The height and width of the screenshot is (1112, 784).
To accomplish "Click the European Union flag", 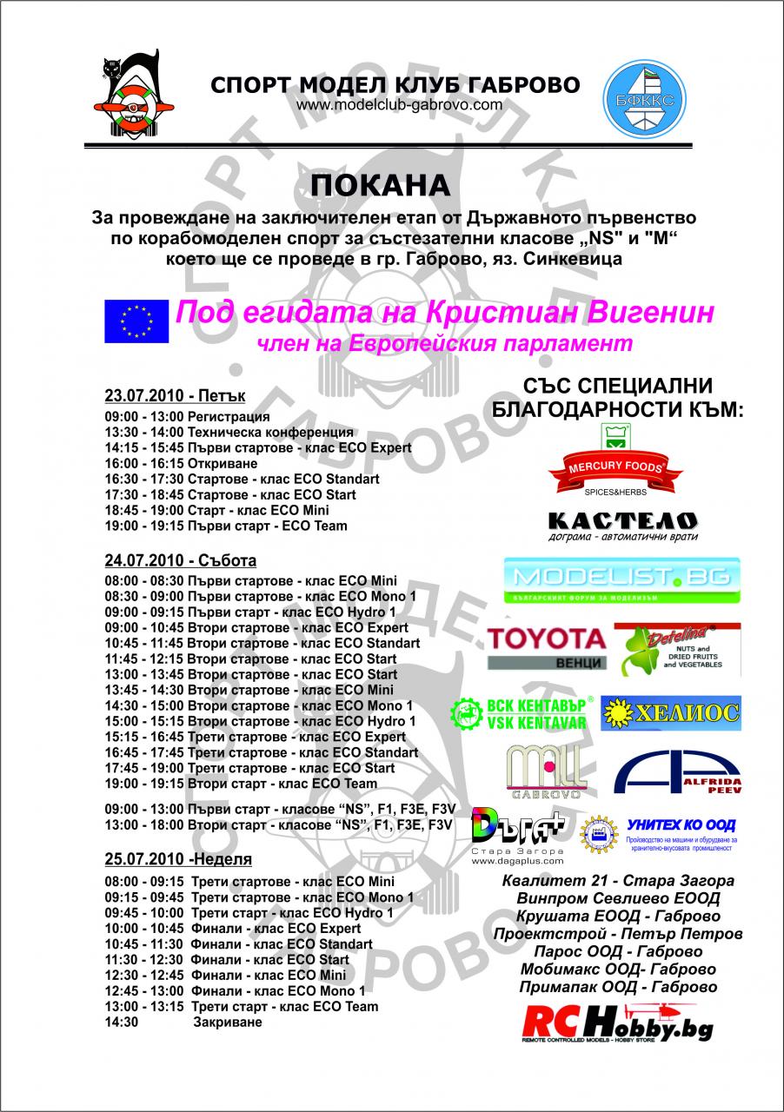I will point(136,321).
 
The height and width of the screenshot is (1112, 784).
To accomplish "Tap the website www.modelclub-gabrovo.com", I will point(399,105).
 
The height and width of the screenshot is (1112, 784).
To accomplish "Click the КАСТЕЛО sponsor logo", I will point(621,525).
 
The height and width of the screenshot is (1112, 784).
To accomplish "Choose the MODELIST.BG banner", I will point(621,580).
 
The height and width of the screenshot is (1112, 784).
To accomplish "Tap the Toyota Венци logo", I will point(546,647).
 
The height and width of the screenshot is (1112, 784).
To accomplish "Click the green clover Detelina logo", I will point(677,647).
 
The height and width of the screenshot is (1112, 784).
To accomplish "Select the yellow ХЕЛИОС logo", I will point(671,712).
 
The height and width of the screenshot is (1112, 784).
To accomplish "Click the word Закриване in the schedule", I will point(228,1022).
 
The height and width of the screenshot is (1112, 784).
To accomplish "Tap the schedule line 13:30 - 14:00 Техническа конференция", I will point(229,432).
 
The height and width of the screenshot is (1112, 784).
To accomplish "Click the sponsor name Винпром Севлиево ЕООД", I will point(618,898).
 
